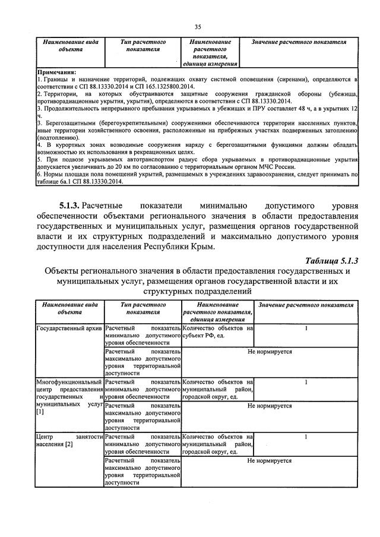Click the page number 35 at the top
click(197, 26)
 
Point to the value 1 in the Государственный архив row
click(306, 328)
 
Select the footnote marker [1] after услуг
click(40, 412)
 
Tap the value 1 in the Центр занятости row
click(306, 437)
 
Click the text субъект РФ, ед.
click(205, 336)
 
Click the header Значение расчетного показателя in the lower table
click(306, 305)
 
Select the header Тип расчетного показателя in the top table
click(142, 46)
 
